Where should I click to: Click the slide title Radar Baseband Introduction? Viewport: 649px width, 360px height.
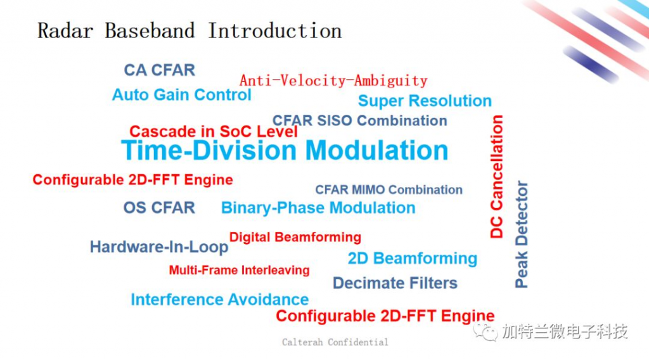point(190,30)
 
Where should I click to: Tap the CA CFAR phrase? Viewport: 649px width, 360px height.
point(159,70)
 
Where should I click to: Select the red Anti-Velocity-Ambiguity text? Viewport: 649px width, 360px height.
point(333,80)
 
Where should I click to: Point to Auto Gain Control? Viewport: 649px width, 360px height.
point(182,95)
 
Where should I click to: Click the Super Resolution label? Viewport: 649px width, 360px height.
point(425,101)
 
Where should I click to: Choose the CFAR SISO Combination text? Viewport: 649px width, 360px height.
point(360,120)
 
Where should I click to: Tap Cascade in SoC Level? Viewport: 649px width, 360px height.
point(214,132)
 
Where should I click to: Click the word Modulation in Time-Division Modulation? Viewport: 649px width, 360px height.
point(376,150)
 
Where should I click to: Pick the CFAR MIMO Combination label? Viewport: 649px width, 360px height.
point(389,190)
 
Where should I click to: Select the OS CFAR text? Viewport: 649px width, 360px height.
point(159,208)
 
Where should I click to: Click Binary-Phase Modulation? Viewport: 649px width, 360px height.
point(318,208)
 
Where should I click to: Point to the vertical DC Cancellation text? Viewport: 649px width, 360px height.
point(496,177)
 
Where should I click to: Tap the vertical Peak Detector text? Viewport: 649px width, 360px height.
point(521,235)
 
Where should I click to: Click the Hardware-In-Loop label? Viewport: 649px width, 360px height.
point(159,247)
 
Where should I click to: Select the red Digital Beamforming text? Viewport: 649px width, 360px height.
point(295,237)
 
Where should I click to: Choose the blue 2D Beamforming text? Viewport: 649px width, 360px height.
point(412,259)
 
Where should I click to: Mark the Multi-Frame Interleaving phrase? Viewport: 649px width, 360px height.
point(239,270)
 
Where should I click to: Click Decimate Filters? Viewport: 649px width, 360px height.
point(395,283)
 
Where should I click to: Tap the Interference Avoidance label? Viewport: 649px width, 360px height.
point(220,299)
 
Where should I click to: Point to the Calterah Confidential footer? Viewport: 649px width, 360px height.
point(335,342)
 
